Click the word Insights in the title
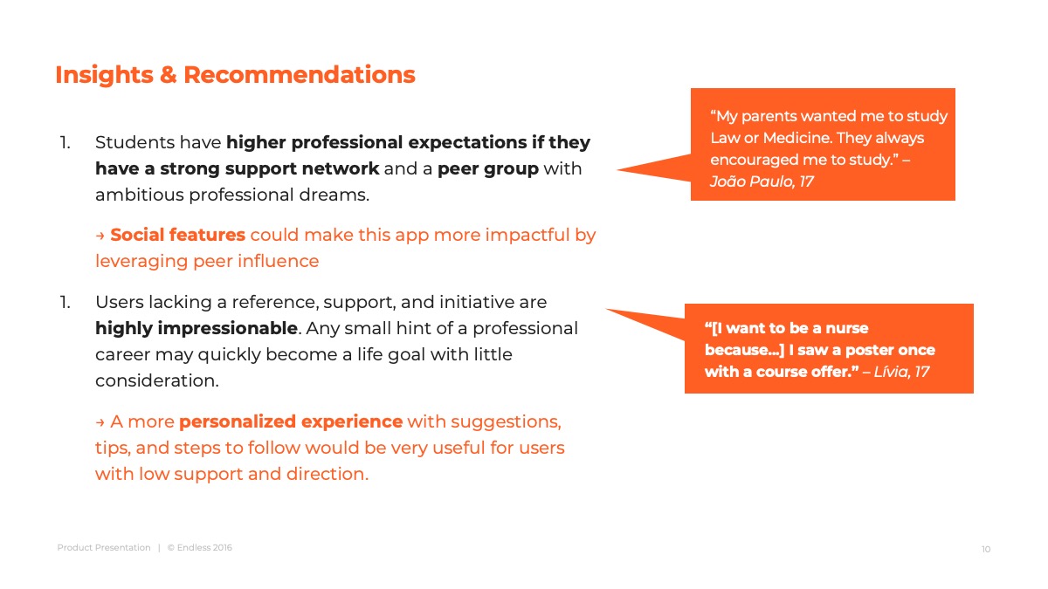coord(104,75)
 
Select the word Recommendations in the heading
coord(300,75)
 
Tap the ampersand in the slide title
coord(169,75)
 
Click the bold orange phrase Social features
coord(178,235)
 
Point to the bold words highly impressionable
coord(196,329)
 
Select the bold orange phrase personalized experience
coord(291,422)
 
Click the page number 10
coord(986,549)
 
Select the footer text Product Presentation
coord(104,547)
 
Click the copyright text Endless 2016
coord(204,547)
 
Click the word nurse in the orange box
coord(847,328)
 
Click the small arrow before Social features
coord(100,236)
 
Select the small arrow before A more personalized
coord(100,422)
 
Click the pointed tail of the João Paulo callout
coord(618,169)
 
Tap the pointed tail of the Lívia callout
coord(607,310)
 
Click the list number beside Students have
coord(65,142)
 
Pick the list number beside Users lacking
coord(65,303)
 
